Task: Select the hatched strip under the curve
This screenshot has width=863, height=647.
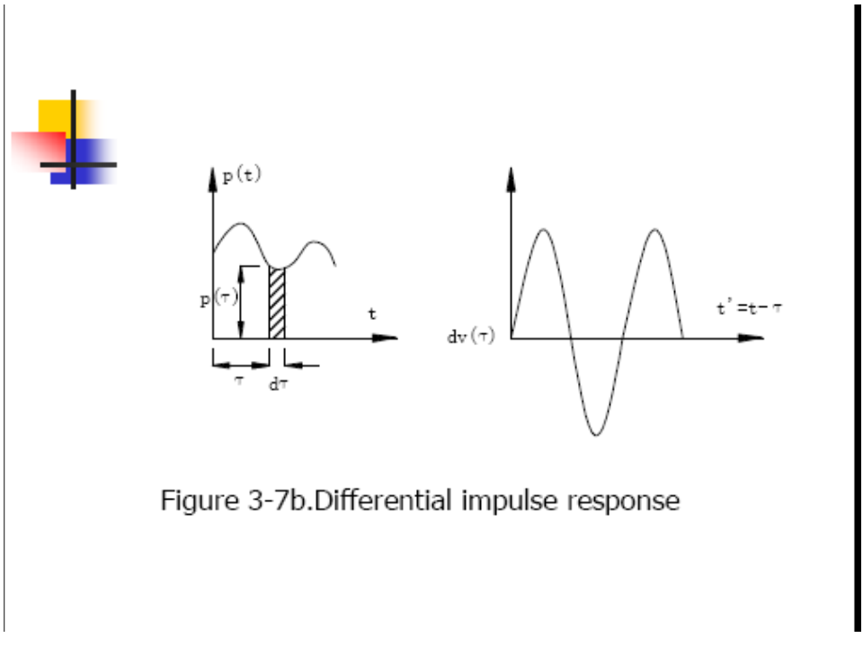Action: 277,304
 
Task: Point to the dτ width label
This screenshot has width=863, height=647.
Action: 278,385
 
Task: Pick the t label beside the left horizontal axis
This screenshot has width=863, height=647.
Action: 372,315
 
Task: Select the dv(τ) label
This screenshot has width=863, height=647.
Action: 472,339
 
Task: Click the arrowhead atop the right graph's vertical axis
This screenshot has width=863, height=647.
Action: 512,176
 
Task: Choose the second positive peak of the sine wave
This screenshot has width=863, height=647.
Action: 655,231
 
